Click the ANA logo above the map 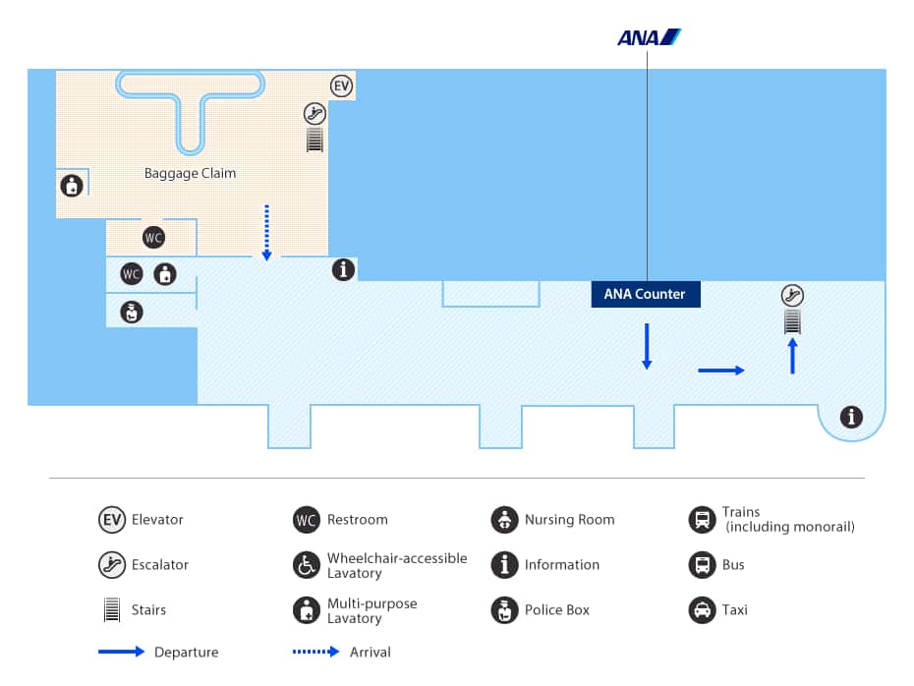649,37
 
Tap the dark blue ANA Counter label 646,294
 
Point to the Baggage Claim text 190,173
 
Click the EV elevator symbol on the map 342,86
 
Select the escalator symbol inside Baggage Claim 314,114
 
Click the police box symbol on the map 132,313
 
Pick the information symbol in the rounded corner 851,417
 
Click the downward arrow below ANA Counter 647,347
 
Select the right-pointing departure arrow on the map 721,371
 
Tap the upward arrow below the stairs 792,356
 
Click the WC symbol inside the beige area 154,237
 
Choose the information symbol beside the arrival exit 343,269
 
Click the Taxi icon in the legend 703,610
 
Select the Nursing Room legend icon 505,519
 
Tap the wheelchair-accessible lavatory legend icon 307,565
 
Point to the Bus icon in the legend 703,565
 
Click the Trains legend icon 703,519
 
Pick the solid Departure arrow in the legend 121,652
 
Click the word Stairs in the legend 148,609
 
